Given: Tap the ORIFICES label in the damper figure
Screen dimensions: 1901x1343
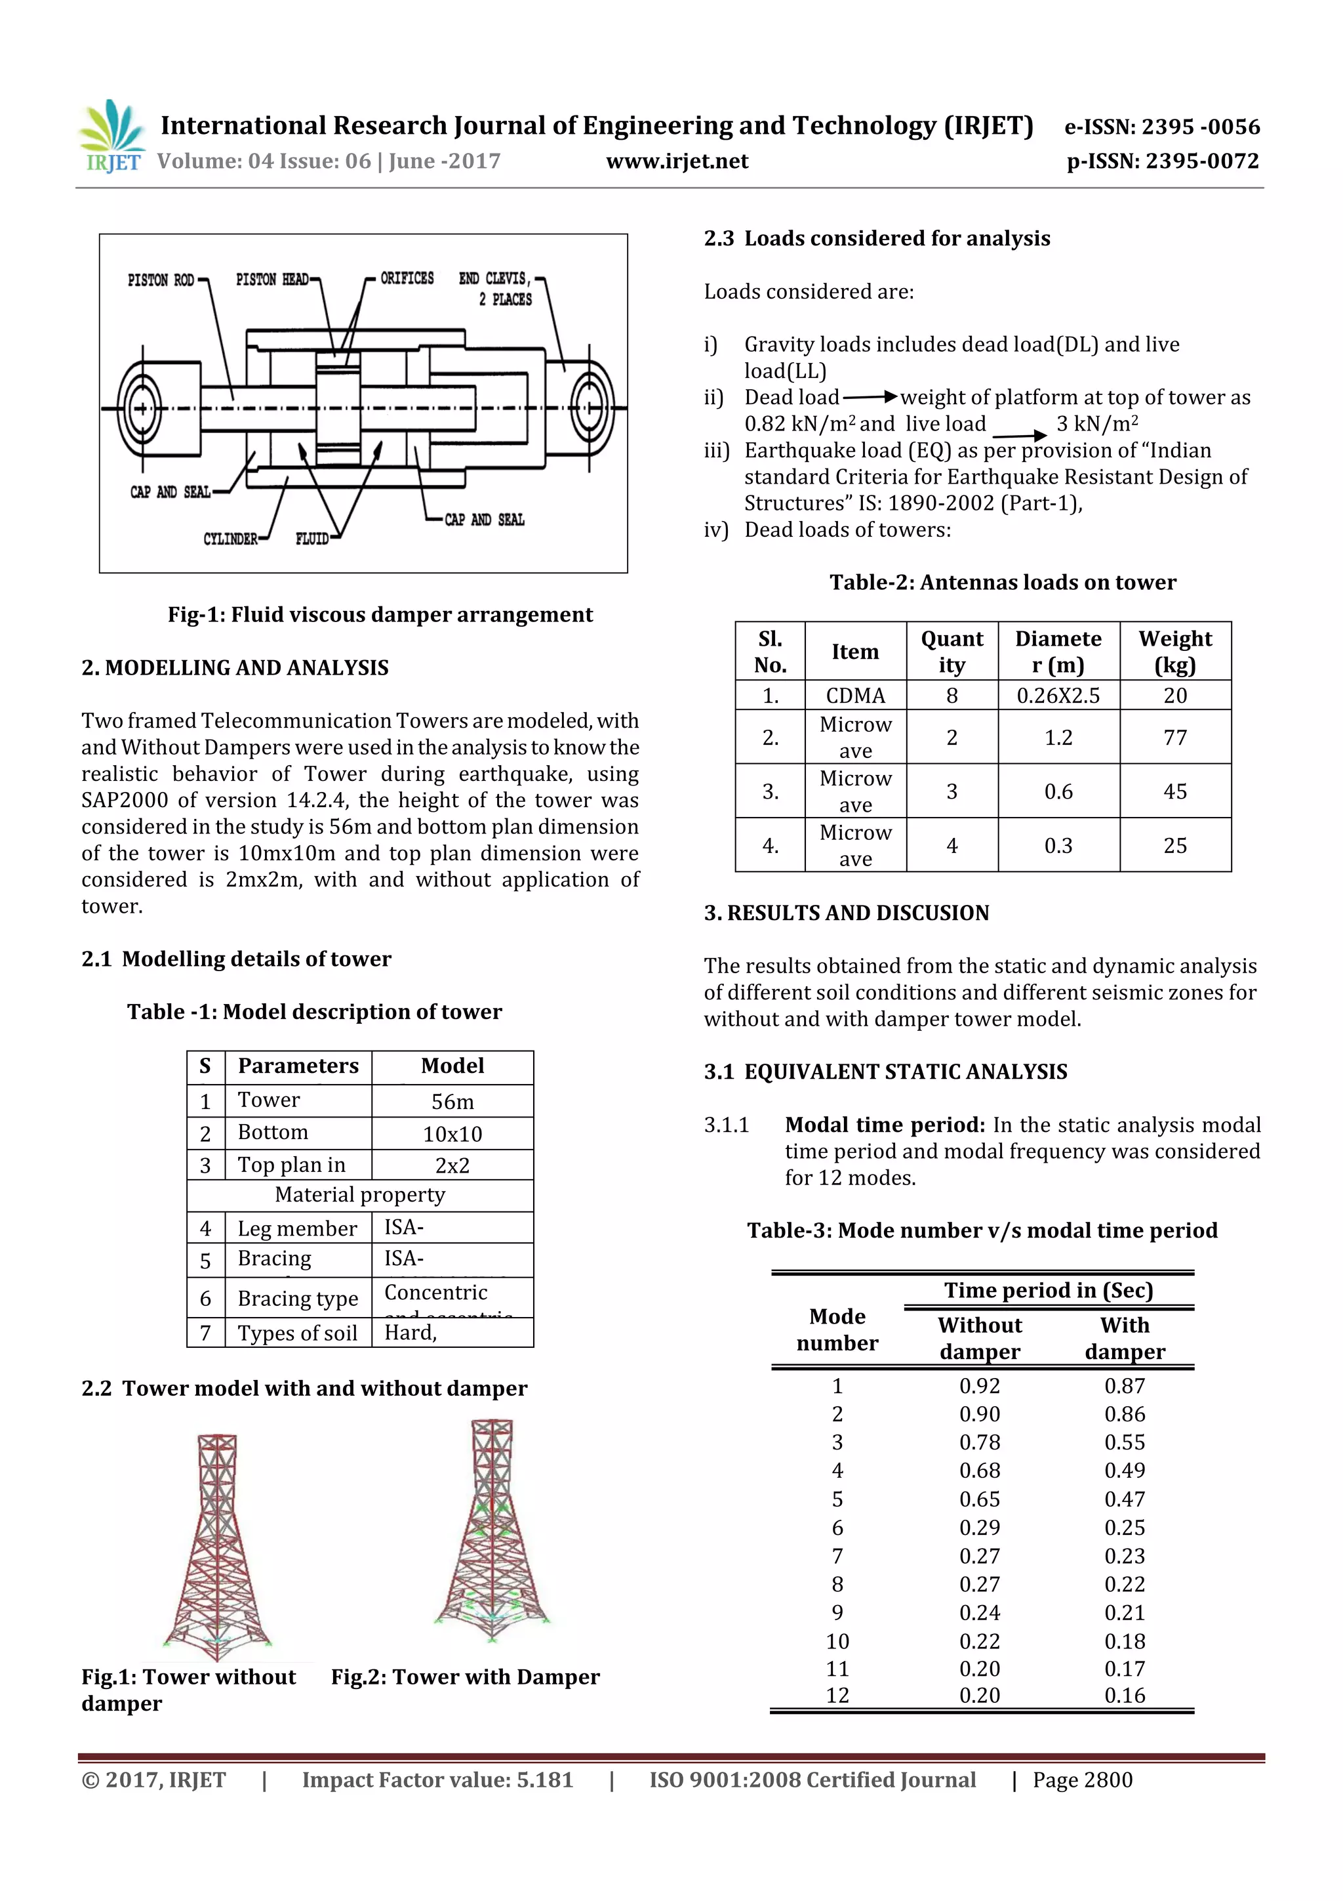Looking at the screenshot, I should (407, 278).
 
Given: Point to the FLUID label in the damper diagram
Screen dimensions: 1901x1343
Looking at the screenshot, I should (312, 539).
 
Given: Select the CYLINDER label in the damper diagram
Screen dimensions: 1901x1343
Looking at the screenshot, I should (230, 539).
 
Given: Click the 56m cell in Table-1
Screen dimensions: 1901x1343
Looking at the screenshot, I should (452, 1101).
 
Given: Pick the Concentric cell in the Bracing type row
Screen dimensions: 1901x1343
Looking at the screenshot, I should (435, 1293).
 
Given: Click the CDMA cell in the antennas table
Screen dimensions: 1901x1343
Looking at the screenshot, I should (855, 696).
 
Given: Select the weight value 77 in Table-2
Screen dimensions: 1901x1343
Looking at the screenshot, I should (1174, 737).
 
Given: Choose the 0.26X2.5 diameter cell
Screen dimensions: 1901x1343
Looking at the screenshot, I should (1058, 696).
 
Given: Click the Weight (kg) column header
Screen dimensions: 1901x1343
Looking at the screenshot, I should (1174, 652).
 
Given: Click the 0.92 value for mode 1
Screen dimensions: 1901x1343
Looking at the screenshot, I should (979, 1385).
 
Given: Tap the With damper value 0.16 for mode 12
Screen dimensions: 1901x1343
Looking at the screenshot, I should (1124, 1695).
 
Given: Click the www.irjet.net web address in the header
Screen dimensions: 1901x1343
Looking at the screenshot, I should (677, 161).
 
